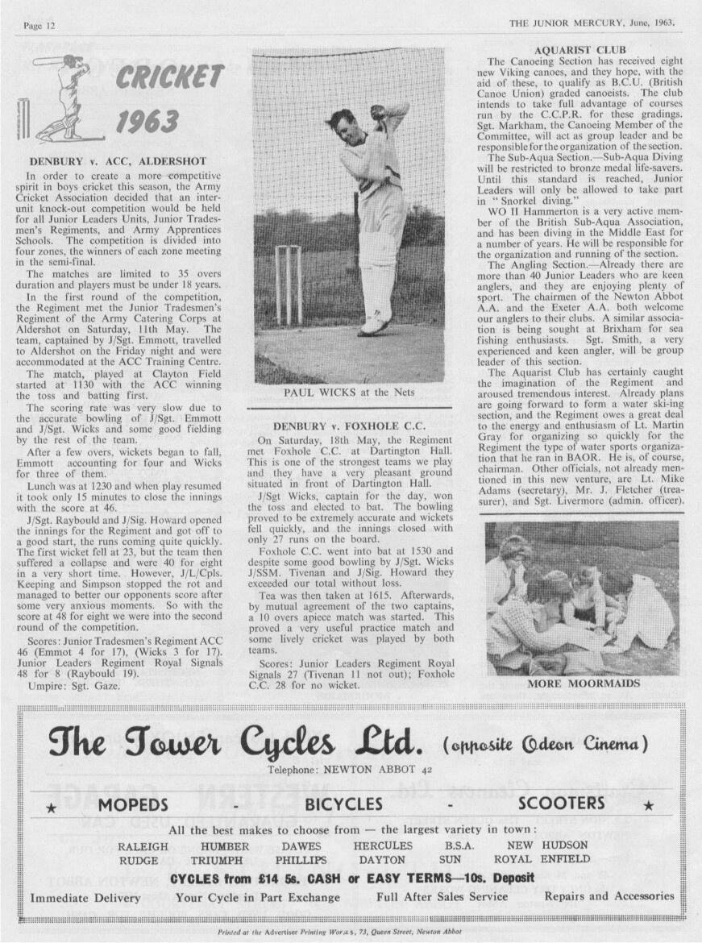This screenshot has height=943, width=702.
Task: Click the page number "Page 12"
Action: (x=39, y=25)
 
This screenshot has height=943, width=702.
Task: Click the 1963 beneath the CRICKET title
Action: (x=147, y=122)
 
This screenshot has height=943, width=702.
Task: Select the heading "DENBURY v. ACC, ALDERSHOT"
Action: (x=117, y=161)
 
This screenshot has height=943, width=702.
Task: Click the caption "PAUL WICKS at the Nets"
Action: (x=347, y=393)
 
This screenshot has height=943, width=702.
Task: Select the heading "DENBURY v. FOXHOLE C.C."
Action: (x=347, y=425)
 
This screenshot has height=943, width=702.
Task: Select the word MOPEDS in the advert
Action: (x=133, y=804)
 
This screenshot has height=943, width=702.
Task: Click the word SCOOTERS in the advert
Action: (x=561, y=804)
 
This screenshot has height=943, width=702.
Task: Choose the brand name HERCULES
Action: (x=383, y=846)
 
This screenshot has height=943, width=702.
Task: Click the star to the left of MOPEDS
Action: (x=51, y=806)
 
